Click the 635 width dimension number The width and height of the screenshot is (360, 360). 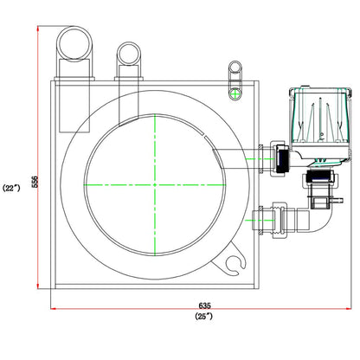point(204,305)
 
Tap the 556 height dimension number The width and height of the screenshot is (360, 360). point(35,182)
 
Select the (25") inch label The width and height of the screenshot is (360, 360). point(203,316)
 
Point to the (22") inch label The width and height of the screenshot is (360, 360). point(11,188)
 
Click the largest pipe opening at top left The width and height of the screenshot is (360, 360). point(74,43)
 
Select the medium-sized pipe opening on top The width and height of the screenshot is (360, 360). point(129,54)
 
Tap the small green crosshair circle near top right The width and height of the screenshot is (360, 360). point(235,93)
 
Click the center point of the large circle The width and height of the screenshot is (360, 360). point(155,184)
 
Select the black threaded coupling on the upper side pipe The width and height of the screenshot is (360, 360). point(281,158)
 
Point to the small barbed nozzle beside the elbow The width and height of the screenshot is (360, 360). point(337,200)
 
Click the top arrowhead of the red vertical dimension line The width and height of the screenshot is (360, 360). point(38,29)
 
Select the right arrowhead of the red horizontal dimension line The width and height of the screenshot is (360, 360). point(349,309)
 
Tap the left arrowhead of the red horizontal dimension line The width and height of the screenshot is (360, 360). point(54,309)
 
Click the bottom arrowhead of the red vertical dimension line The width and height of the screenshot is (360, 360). point(38,286)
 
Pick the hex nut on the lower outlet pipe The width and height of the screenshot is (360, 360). point(280,220)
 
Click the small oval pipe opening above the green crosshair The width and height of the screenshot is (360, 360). point(235,67)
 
